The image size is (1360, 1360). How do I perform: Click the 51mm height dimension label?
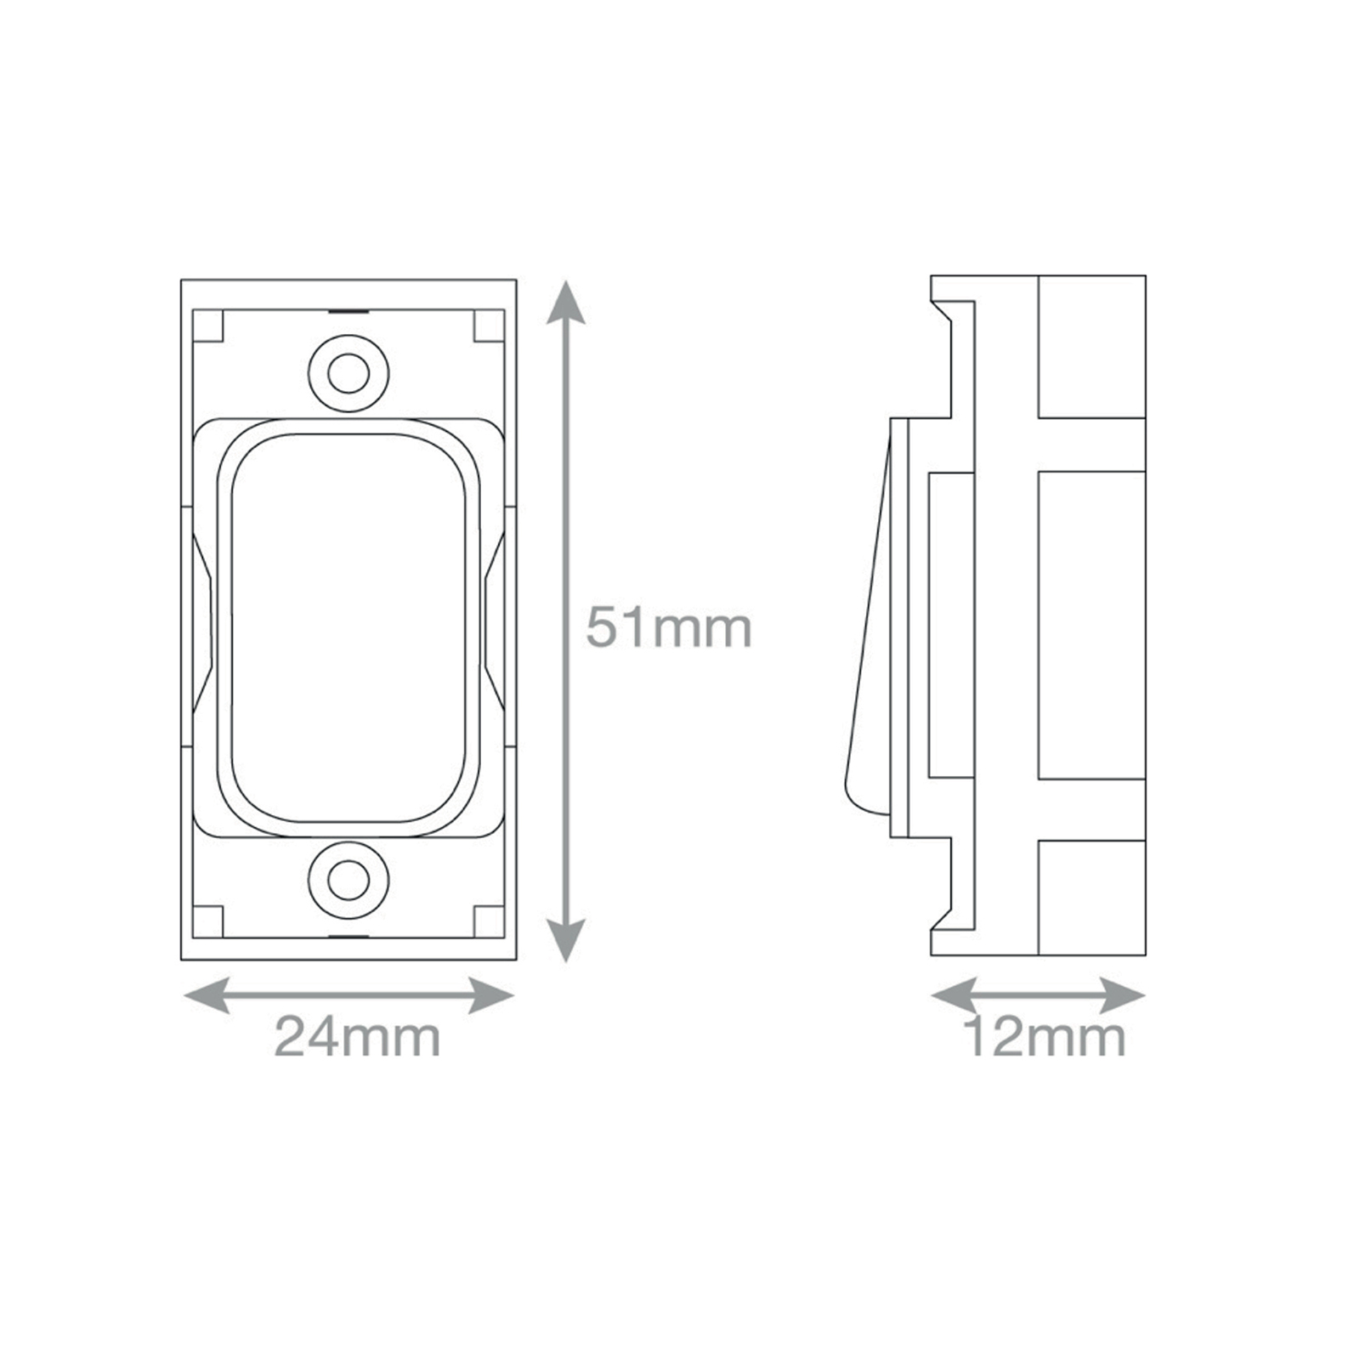coord(669,627)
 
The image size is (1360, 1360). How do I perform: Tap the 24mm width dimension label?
coord(357,1037)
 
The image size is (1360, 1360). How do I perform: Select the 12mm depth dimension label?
coord(1045,1037)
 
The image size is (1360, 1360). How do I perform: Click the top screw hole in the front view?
coord(348,373)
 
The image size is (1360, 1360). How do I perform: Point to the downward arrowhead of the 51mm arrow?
coord(565,939)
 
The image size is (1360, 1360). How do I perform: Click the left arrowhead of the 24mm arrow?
coord(207,995)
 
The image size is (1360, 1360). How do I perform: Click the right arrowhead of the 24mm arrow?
coord(491,995)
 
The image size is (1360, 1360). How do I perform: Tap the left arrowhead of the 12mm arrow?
coord(954,995)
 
